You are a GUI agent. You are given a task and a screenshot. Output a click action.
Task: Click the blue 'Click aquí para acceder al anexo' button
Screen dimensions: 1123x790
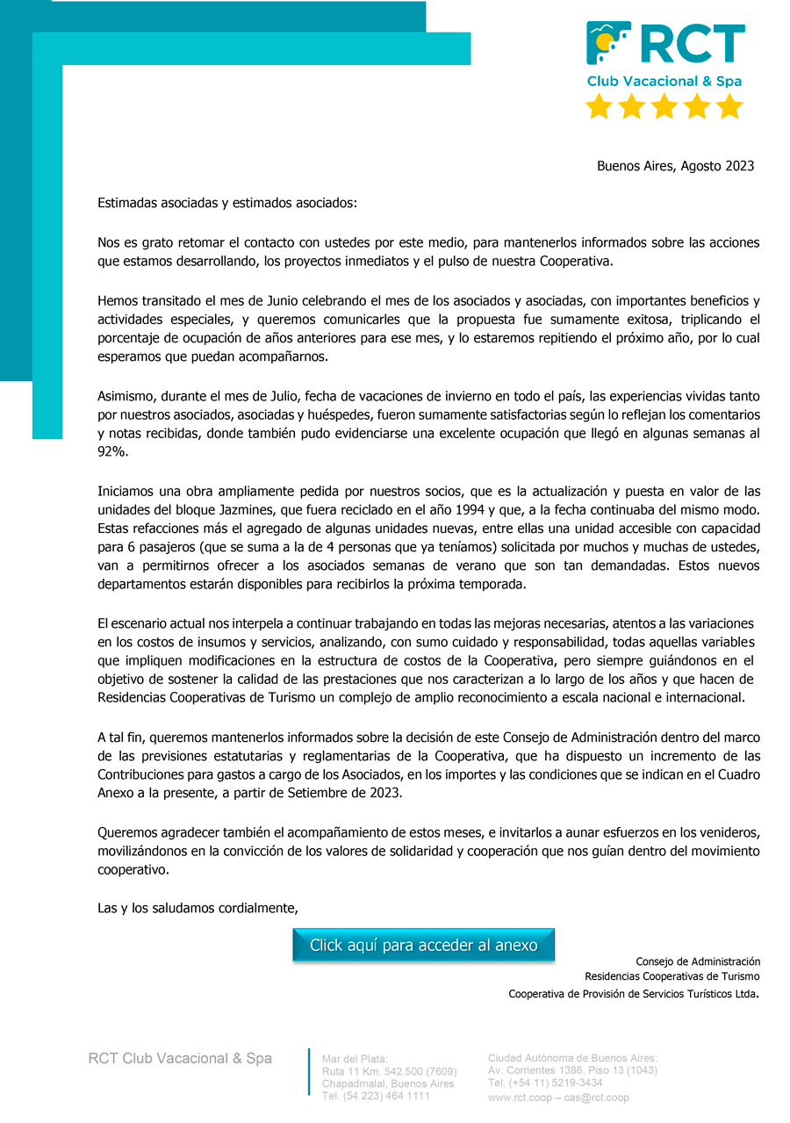[x=423, y=945]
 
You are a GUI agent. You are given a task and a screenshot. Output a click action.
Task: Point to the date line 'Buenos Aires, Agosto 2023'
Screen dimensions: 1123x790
[x=675, y=166]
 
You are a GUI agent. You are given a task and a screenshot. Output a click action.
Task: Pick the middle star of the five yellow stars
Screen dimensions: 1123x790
[x=664, y=107]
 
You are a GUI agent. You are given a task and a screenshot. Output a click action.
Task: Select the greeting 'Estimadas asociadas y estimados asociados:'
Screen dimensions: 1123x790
[x=227, y=203]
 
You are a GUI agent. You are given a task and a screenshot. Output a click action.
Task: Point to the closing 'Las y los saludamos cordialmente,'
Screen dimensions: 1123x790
[x=197, y=908]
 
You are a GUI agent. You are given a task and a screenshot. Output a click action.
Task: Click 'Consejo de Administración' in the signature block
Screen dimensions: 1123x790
[x=698, y=961]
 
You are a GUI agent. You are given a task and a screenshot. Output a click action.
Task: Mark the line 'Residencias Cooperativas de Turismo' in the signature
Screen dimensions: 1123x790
[x=672, y=976]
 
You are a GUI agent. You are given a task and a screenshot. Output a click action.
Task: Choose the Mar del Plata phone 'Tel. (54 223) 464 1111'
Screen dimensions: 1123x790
[x=376, y=1096]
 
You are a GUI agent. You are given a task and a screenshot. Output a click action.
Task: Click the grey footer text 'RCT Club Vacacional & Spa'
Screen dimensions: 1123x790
[x=180, y=1059]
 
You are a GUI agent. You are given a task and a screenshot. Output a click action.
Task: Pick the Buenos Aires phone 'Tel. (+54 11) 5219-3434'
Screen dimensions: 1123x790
[x=545, y=1083]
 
